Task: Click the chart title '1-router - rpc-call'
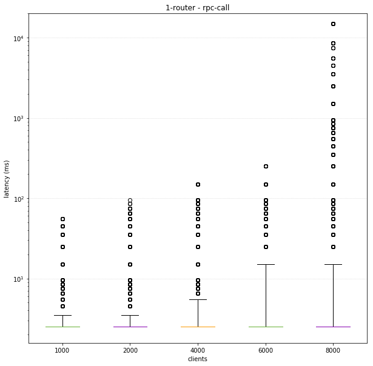click(x=197, y=8)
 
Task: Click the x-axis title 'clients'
click(x=197, y=359)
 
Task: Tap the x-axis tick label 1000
click(x=62, y=350)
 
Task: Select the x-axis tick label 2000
click(x=130, y=350)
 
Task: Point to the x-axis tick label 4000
click(x=198, y=350)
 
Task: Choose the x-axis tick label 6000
click(x=266, y=350)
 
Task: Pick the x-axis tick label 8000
click(x=333, y=350)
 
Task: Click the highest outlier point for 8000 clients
click(x=333, y=24)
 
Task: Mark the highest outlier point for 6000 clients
click(x=266, y=166)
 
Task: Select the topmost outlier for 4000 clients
click(x=198, y=184)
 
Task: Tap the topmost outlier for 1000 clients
click(x=62, y=219)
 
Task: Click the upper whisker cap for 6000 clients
click(x=266, y=264)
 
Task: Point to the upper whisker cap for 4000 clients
click(x=198, y=299)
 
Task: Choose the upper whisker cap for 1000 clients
click(x=62, y=315)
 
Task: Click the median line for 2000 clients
click(x=130, y=327)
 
